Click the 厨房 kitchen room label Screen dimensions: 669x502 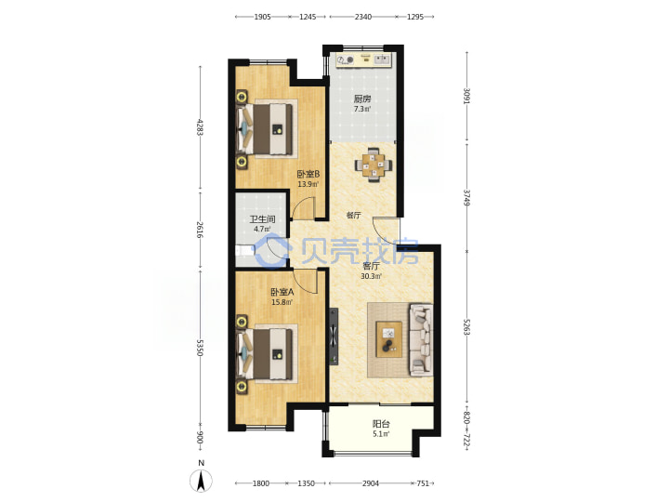click(x=362, y=99)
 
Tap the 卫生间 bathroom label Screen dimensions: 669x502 click(x=262, y=219)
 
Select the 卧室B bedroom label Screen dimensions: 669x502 click(x=308, y=174)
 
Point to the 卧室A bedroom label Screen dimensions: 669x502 click(x=282, y=293)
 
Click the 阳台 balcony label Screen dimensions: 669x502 click(x=381, y=424)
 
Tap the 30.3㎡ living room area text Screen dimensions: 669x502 click(x=371, y=276)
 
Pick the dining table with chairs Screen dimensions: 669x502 click(x=374, y=165)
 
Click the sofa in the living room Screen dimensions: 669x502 click(x=421, y=340)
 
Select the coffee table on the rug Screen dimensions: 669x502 click(x=388, y=339)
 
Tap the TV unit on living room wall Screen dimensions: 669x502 click(x=334, y=337)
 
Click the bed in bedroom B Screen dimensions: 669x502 click(x=267, y=129)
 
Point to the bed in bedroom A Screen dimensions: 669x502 click(x=267, y=354)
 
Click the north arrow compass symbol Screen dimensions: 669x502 click(x=201, y=481)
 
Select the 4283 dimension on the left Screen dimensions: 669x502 click(x=200, y=126)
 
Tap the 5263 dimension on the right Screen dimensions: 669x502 click(x=466, y=326)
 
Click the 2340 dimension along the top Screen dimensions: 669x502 click(x=363, y=17)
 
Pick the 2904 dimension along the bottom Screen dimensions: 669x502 click(x=371, y=483)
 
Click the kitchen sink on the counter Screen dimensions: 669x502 click(x=382, y=59)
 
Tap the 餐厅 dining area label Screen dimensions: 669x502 click(x=353, y=215)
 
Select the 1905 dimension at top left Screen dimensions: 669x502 click(x=262, y=17)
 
